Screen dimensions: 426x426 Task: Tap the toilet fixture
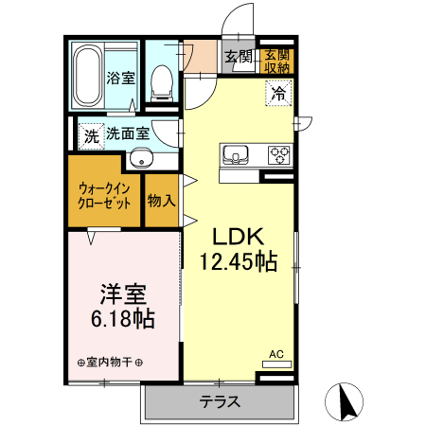[x=162, y=80]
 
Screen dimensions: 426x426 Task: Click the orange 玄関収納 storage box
[x=277, y=59]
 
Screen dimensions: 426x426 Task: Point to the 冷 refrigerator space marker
[x=277, y=93]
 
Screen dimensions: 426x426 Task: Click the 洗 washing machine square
[x=91, y=136]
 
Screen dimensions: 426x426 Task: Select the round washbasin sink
[x=141, y=158]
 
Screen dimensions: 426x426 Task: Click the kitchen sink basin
[x=234, y=153]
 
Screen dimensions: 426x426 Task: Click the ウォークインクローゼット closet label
[x=103, y=193]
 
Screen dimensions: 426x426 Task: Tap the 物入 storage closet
[x=161, y=201]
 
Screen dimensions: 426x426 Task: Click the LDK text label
[x=236, y=238]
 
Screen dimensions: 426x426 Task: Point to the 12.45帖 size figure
[x=238, y=261]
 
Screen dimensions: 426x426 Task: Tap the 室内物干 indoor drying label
[x=110, y=362]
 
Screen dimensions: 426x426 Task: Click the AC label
[x=276, y=354]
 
